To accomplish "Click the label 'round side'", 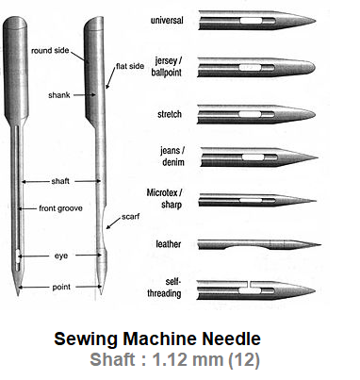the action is tap(50, 50).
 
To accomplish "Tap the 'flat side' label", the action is tap(130, 66).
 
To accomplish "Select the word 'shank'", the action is tap(59, 95).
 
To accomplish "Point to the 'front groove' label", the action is tap(60, 208).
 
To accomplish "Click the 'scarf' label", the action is tap(130, 217).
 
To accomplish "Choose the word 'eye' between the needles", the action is tap(61, 256).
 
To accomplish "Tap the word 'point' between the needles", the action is tap(61, 287).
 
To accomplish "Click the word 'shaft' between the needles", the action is tap(60, 181).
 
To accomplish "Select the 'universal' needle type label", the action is tap(167, 21).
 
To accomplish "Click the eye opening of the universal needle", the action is tap(251, 21).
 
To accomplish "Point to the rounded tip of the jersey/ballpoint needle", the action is tap(313, 67).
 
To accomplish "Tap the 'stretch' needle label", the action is tap(170, 114).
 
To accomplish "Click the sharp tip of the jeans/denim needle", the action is tap(318, 157).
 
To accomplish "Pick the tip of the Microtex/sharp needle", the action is tap(316, 201).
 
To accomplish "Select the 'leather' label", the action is tap(169, 244).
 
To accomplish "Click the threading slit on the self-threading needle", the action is tap(249, 284).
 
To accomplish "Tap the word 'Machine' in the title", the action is tap(160, 339).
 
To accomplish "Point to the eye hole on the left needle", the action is tap(18, 256).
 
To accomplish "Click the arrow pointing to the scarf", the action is tap(113, 223).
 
